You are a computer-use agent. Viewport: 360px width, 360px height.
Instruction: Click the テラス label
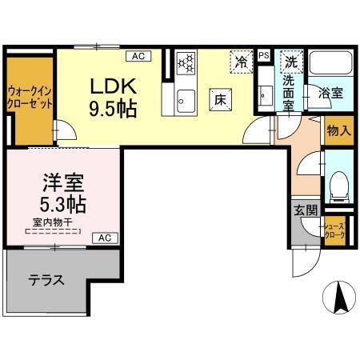click(x=46, y=281)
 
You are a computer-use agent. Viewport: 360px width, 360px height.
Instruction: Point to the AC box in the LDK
click(x=137, y=56)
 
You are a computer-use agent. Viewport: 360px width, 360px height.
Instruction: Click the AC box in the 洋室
click(x=105, y=238)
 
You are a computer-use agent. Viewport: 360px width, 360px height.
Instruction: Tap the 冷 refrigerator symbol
click(x=241, y=60)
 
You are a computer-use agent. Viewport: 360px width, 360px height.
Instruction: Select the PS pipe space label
click(x=264, y=54)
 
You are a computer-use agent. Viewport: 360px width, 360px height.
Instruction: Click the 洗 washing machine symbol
click(x=292, y=60)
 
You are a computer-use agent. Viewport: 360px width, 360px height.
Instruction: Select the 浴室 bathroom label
click(x=330, y=92)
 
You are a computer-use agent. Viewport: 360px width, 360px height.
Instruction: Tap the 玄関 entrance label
click(x=305, y=210)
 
